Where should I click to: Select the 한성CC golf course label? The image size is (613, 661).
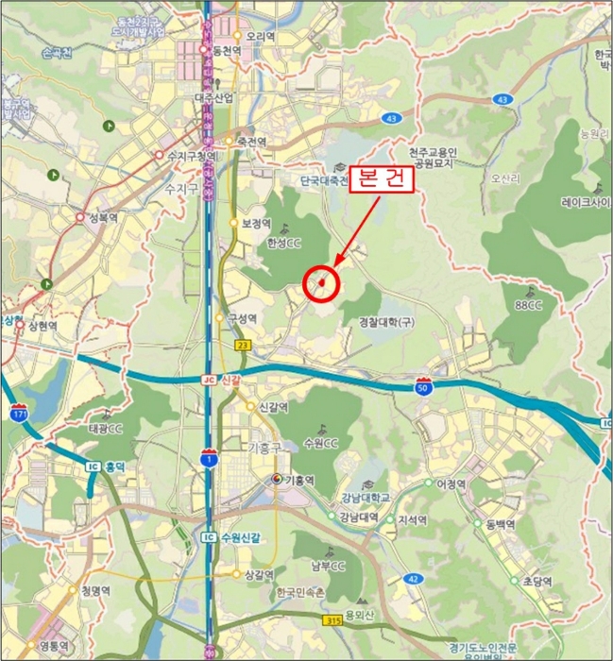283,242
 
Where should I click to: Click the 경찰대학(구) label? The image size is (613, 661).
386,323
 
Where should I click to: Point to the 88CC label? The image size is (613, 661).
529,305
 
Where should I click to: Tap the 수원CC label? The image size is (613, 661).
322,443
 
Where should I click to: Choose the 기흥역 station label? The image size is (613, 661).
299,480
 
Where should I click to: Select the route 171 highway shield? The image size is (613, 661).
19,412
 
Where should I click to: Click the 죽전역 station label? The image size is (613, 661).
252,142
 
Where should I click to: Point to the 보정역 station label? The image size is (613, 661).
256,224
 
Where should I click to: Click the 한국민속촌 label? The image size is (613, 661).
300,592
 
